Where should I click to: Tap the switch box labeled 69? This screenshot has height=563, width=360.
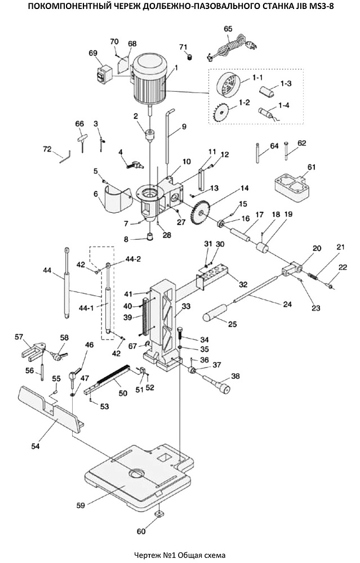(x=104, y=74)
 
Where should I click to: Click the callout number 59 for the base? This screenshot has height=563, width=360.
(x=81, y=505)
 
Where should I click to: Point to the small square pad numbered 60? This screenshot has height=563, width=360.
(x=159, y=514)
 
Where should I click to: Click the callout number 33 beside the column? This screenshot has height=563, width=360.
(x=186, y=306)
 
